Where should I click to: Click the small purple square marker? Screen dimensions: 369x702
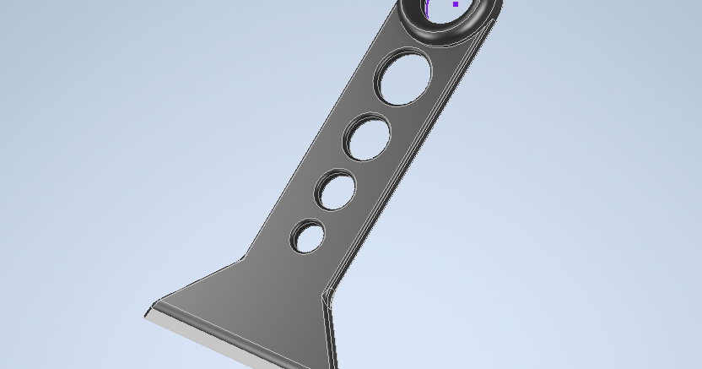pos(456,4)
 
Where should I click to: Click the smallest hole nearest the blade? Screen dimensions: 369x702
pos(309,237)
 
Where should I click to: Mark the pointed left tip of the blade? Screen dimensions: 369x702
pos(146,315)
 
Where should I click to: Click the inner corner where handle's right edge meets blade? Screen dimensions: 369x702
pos(325,296)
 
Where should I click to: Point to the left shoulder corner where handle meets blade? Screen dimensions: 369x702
pos(244,258)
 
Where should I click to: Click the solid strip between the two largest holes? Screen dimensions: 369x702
pos(386,110)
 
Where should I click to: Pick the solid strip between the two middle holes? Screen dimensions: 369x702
pos(354,166)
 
